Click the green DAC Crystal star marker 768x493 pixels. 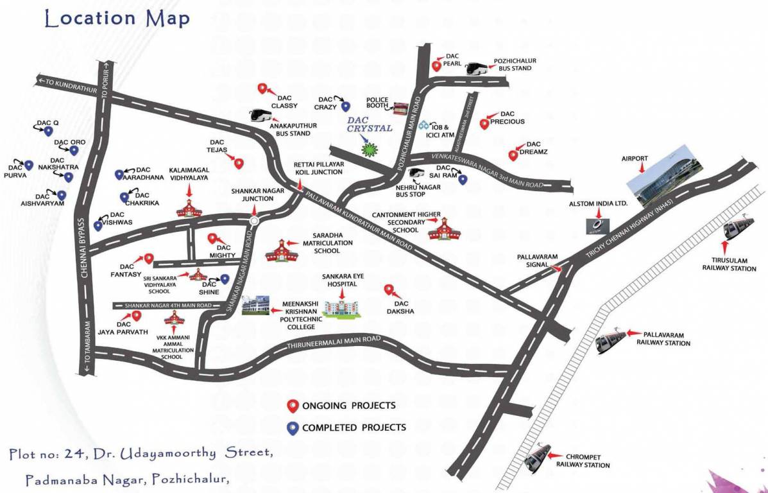[x=369, y=150]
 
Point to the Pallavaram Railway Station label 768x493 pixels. [x=663, y=338]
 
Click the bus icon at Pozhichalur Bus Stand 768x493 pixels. [x=478, y=69]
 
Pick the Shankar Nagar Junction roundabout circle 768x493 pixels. [x=254, y=221]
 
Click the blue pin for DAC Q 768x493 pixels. [x=47, y=132]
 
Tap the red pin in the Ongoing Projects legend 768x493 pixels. [x=293, y=406]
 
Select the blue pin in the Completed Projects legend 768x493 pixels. [x=293, y=428]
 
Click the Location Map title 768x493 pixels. [x=117, y=19]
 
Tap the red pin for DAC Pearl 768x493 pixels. [x=436, y=65]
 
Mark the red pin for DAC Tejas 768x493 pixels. [x=239, y=163]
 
